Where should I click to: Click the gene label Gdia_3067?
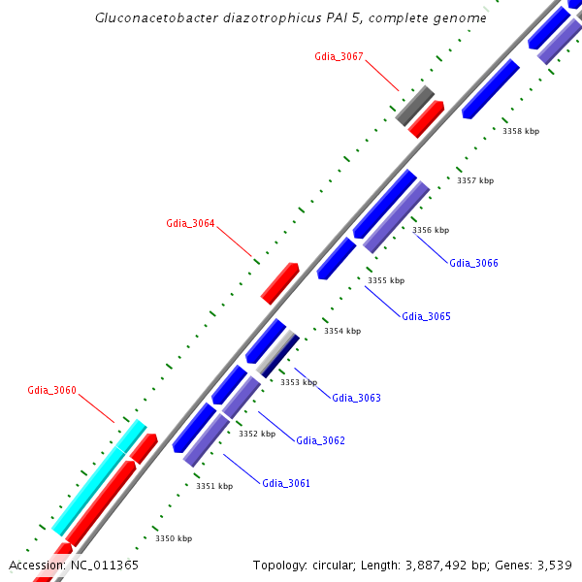click(339, 56)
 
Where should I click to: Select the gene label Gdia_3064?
click(190, 223)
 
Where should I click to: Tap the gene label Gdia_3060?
click(51, 390)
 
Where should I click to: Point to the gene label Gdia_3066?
click(473, 263)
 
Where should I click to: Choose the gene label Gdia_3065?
click(426, 316)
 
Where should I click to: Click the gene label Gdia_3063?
click(356, 398)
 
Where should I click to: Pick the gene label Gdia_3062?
click(320, 440)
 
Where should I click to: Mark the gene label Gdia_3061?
click(286, 483)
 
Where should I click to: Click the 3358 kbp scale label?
click(521, 131)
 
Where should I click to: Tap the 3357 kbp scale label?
click(475, 180)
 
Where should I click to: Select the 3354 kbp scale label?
click(342, 331)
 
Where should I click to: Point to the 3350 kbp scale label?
click(174, 538)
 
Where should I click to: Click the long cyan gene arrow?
click(99, 477)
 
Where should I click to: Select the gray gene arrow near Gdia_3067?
click(414, 106)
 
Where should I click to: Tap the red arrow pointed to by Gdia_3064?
click(280, 282)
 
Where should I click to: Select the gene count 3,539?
click(555, 565)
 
